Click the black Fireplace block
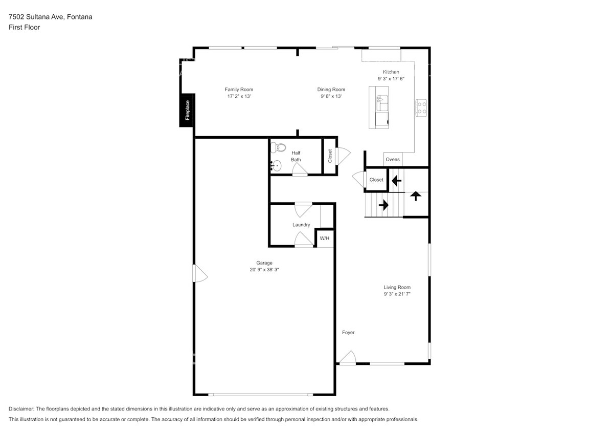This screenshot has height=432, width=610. (x=187, y=110)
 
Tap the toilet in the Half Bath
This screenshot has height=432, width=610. (x=279, y=147)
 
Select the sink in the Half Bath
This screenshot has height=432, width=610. (x=276, y=165)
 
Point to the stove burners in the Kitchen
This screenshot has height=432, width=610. (x=422, y=107)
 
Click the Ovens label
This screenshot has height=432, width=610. (x=393, y=160)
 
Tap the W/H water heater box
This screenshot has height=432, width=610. (x=325, y=239)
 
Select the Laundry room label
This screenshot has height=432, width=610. (x=301, y=225)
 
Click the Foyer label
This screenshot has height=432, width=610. (x=348, y=333)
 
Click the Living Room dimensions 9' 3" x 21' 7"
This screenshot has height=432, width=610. (x=397, y=294)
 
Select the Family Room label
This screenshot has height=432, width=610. (x=239, y=90)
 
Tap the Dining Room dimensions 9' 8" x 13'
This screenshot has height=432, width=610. (x=331, y=96)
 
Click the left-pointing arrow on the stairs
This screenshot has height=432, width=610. (x=395, y=180)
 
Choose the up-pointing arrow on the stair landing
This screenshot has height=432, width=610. (x=415, y=196)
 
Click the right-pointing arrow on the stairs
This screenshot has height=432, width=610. (x=383, y=205)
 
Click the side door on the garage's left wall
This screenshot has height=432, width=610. (x=199, y=273)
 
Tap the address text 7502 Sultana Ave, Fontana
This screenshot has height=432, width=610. (x=50, y=17)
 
